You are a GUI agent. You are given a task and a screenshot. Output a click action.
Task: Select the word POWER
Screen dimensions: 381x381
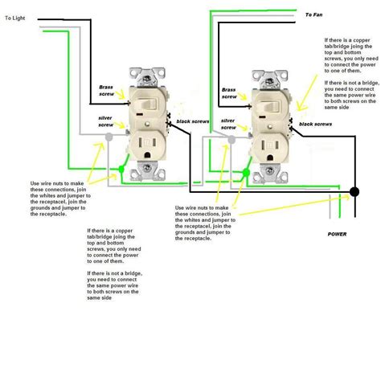click(338, 233)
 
